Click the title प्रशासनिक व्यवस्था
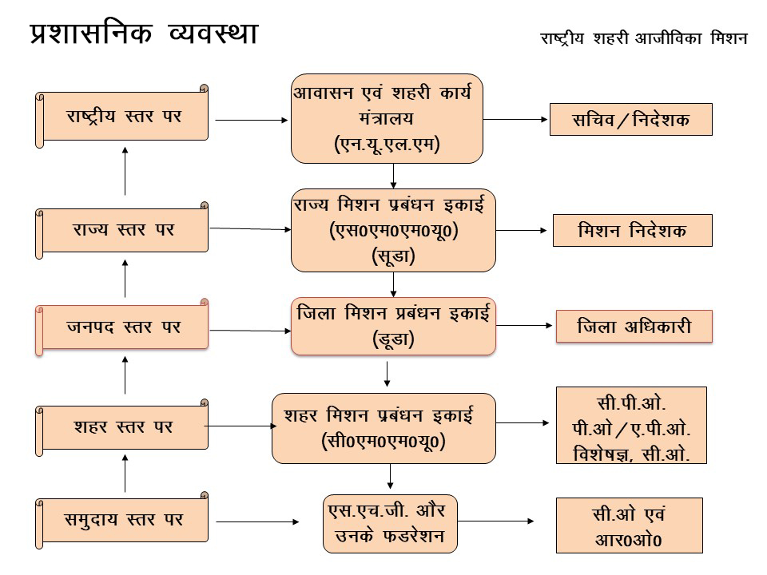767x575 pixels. [x=144, y=35]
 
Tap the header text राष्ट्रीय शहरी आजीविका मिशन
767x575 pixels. [x=643, y=38]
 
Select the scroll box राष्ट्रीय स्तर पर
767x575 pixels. [x=124, y=117]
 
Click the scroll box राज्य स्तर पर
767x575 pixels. [x=124, y=230]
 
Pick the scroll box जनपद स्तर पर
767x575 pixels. [x=124, y=327]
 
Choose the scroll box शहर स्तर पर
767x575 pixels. [x=124, y=427]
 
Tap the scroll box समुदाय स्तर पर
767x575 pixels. [x=124, y=521]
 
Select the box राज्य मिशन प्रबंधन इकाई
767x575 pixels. [x=393, y=230]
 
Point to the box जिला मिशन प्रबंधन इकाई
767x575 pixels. [x=392, y=326]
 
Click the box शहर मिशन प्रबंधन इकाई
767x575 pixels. [x=383, y=428]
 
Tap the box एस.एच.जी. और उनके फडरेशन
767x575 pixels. [x=391, y=522]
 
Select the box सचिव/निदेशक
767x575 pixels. [x=630, y=120]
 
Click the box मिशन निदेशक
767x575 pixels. [x=632, y=231]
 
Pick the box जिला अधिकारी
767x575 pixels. [x=634, y=327]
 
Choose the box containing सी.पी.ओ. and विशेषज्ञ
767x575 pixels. [x=631, y=426]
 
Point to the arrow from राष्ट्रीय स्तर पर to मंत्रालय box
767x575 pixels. [x=252, y=121]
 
